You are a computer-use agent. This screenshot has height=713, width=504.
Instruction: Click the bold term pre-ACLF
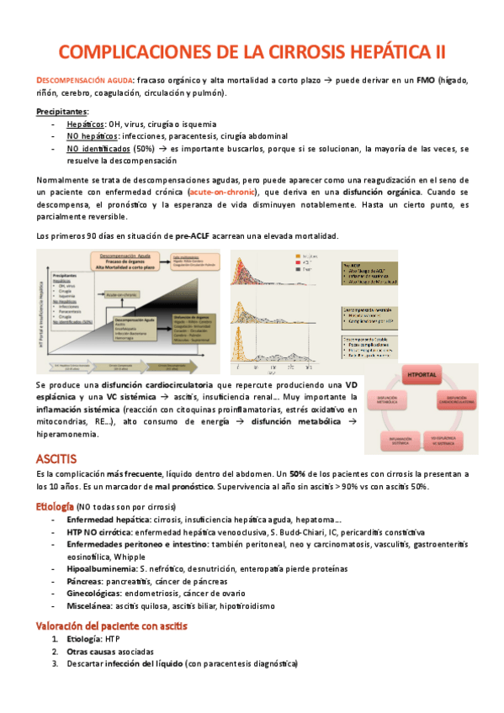(x=194, y=236)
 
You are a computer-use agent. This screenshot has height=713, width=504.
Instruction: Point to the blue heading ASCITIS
(x=56, y=458)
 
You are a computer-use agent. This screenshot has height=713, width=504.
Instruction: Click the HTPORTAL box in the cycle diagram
(x=426, y=375)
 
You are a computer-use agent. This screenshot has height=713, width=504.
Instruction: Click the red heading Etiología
(x=54, y=507)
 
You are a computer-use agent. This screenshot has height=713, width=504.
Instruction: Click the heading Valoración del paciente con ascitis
(x=111, y=626)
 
